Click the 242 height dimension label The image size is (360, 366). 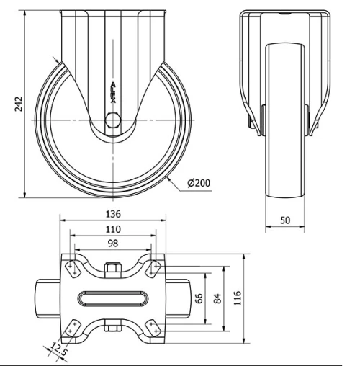pyautogui.click(x=19, y=104)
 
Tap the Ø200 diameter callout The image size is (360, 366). pyautogui.click(x=199, y=183)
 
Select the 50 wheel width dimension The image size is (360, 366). pyautogui.click(x=285, y=220)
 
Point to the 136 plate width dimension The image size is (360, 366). pyautogui.click(x=113, y=214)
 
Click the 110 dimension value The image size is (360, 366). pyautogui.click(x=113, y=229)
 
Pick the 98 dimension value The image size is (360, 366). pyautogui.click(x=113, y=244)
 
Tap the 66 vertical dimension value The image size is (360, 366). pyautogui.click(x=199, y=298)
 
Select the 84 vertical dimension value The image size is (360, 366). pyautogui.click(x=217, y=298)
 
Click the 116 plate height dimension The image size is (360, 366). pyautogui.click(x=237, y=298)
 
